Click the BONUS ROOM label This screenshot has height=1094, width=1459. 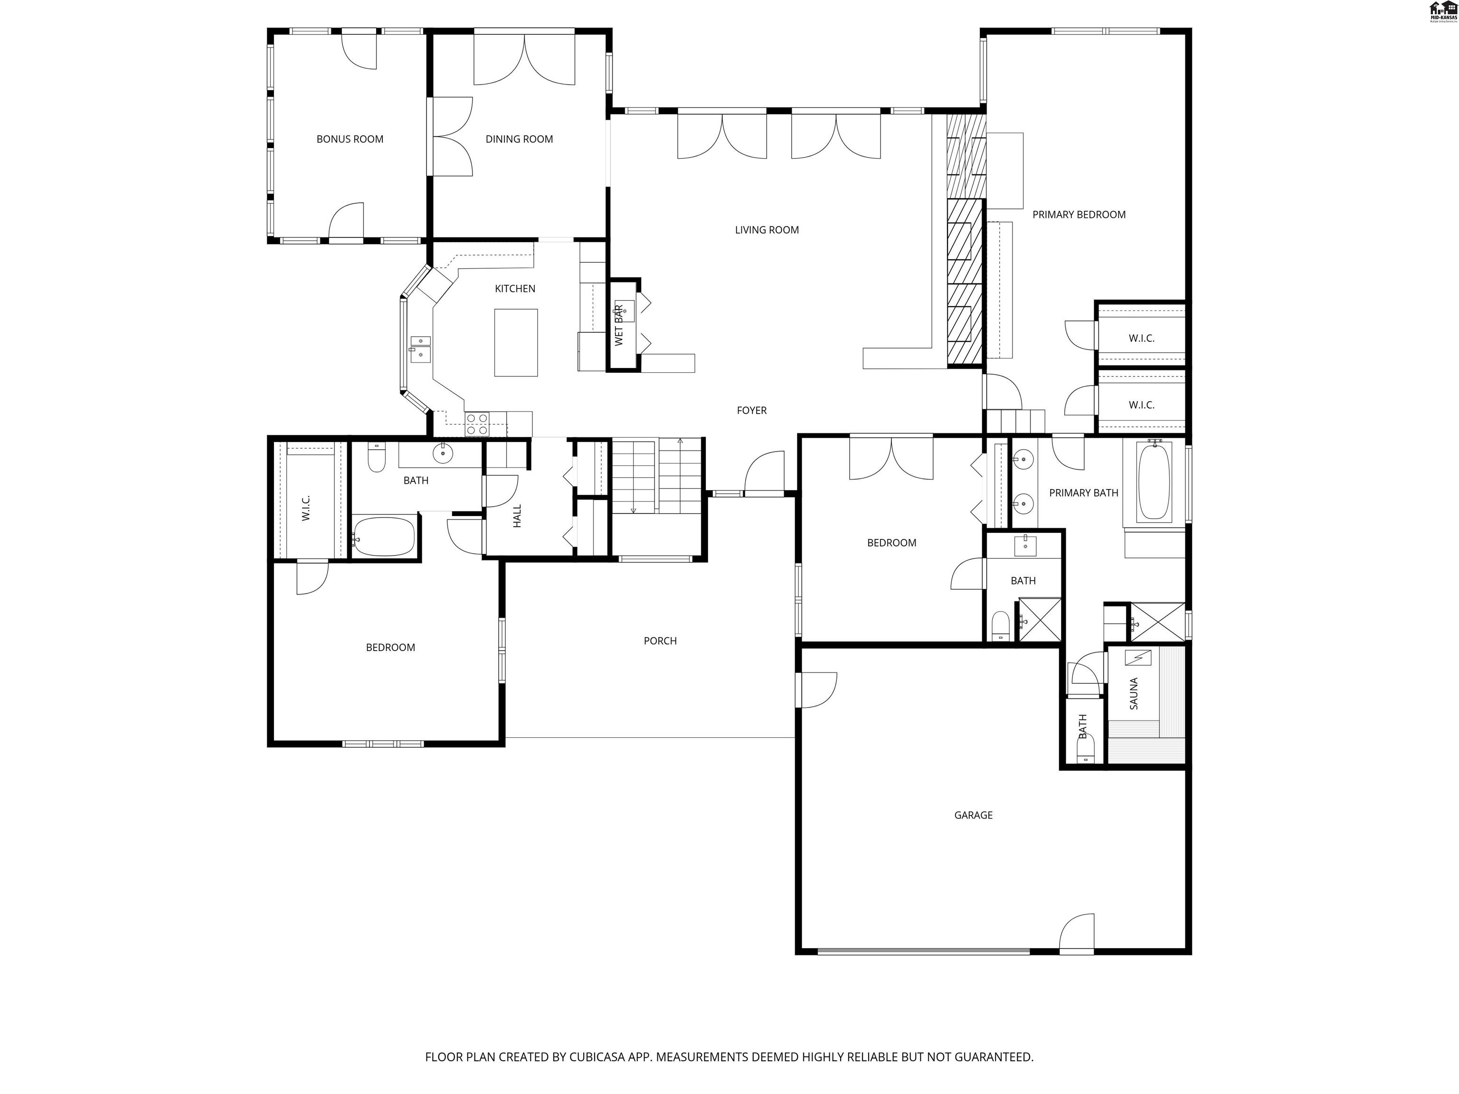click(350, 139)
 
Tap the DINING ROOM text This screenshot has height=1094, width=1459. click(519, 139)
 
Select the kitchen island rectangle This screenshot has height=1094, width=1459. click(516, 342)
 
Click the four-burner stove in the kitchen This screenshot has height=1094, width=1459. click(477, 424)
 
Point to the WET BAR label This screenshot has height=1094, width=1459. click(619, 325)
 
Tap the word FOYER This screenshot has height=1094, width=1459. click(751, 410)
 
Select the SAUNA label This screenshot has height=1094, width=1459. click(1134, 694)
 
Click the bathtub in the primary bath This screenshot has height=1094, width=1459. click(1154, 480)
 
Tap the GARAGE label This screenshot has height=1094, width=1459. click(973, 815)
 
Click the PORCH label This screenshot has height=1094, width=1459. click(660, 641)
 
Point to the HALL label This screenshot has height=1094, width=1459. click(517, 516)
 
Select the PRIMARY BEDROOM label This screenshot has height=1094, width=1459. click(1079, 214)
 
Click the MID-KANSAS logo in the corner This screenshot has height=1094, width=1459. click(1442, 11)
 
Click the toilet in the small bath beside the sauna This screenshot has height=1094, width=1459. click(1085, 749)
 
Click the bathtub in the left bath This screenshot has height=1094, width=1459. click(384, 537)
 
